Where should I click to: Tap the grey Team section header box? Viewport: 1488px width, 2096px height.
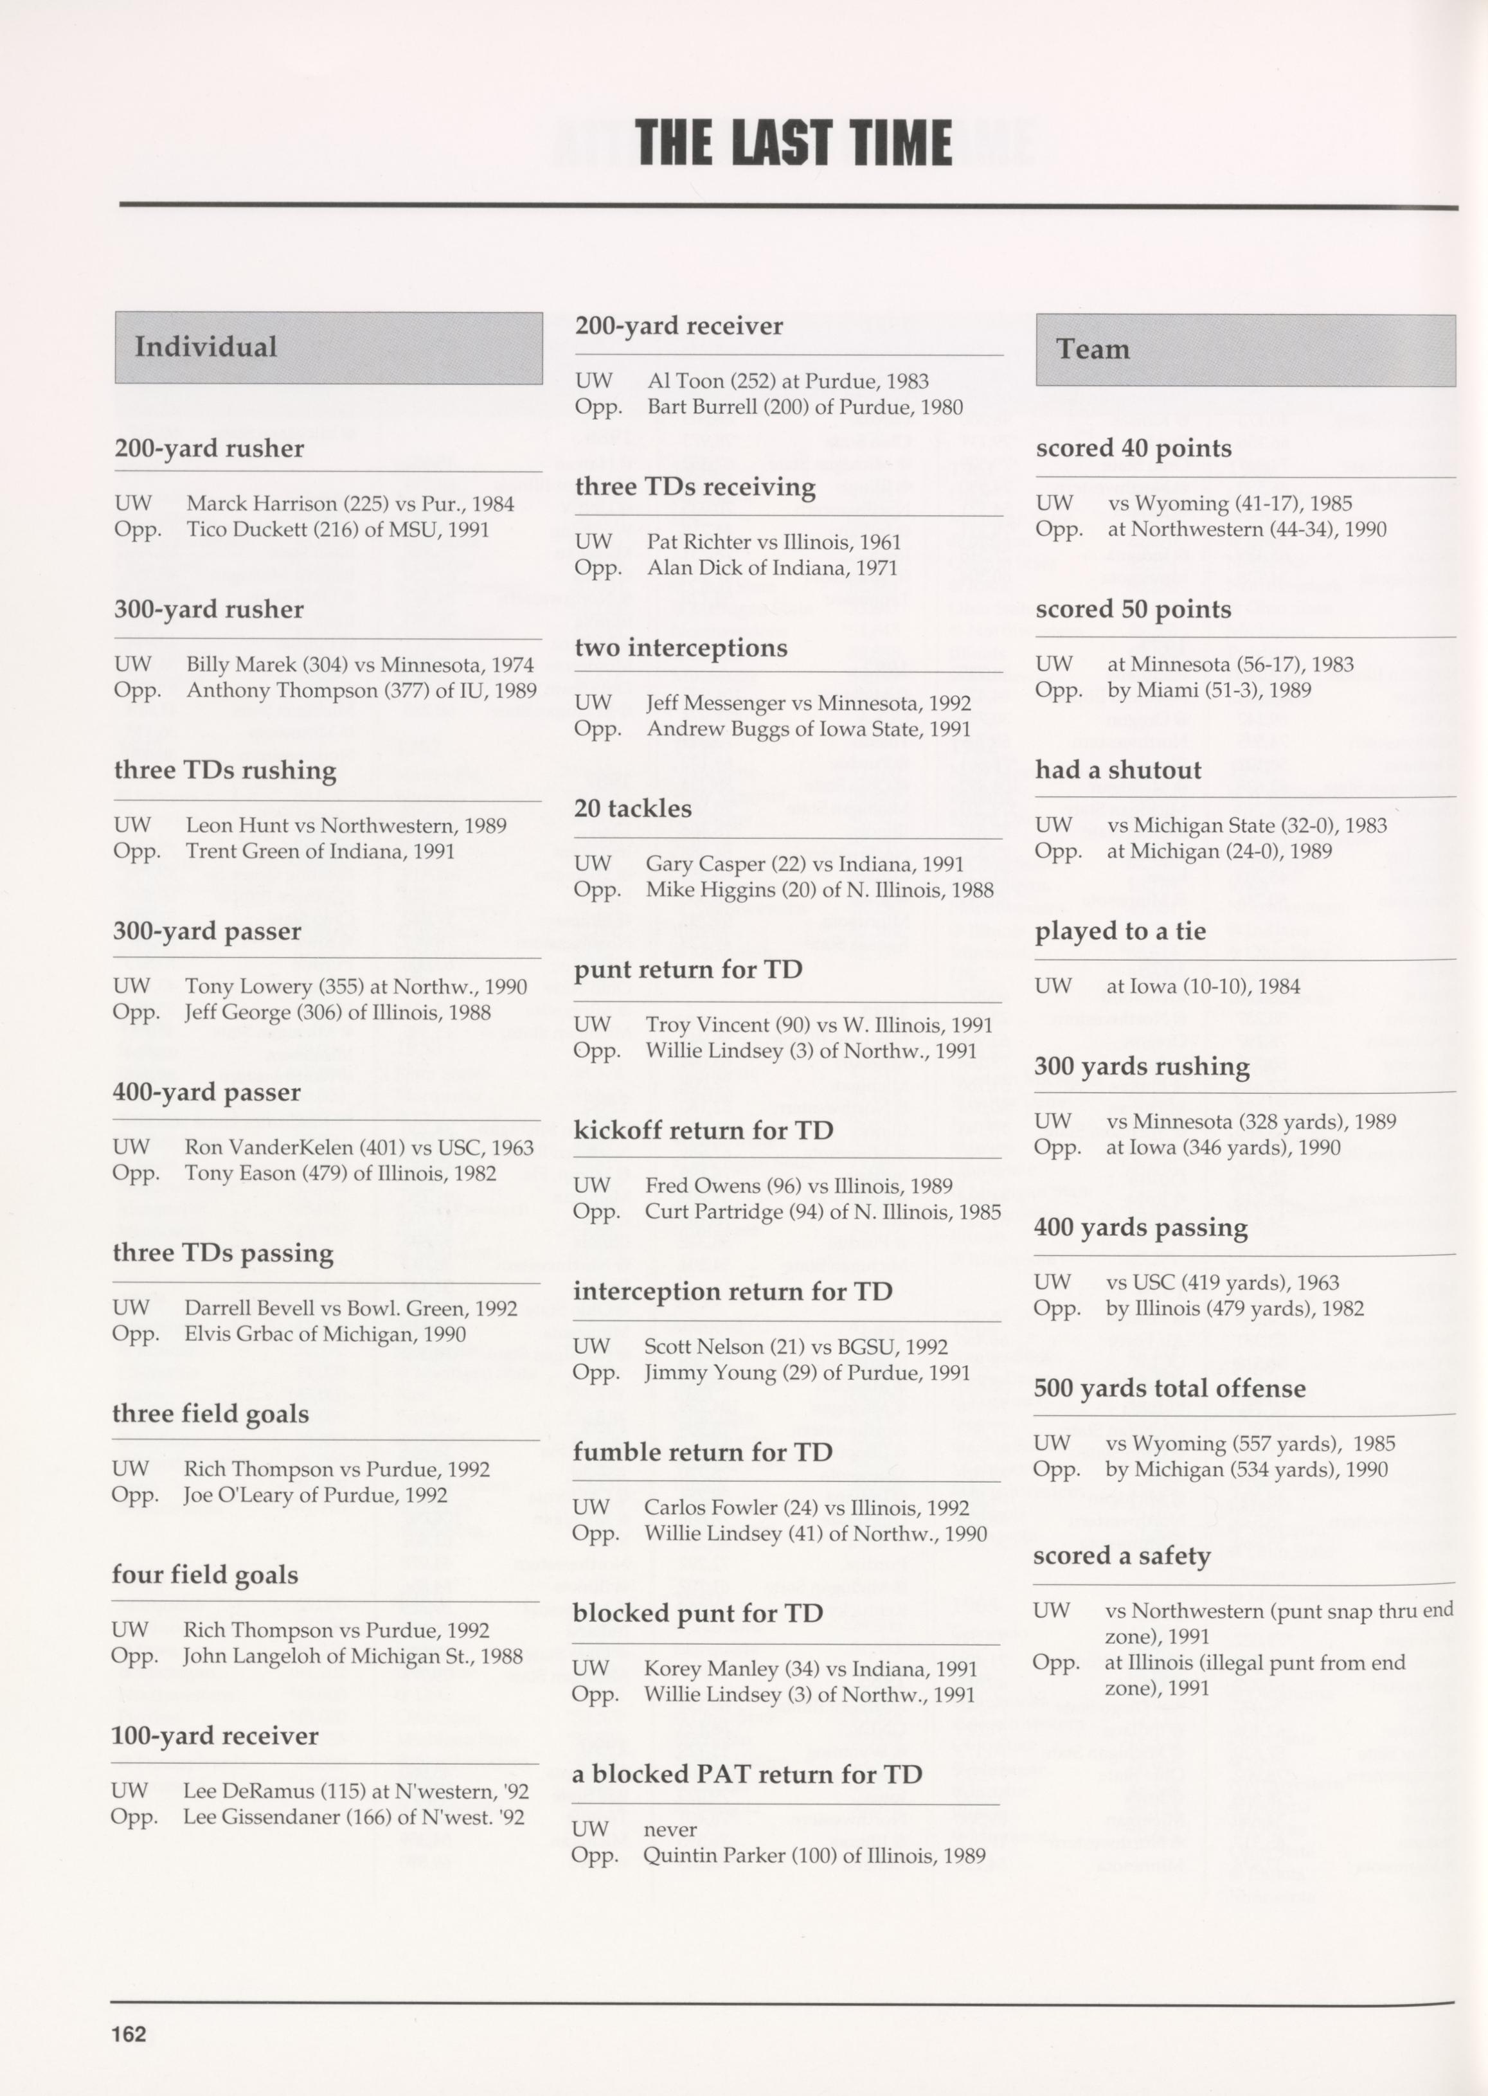click(x=1244, y=349)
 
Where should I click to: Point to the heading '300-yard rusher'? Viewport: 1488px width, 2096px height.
click(x=208, y=609)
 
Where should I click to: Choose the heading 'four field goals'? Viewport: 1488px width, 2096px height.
click(x=204, y=1575)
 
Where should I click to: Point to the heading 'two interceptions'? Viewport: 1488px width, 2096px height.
click(x=681, y=648)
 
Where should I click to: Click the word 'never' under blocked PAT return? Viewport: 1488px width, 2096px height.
click(x=670, y=1829)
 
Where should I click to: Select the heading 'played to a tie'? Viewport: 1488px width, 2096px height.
click(x=1120, y=931)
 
